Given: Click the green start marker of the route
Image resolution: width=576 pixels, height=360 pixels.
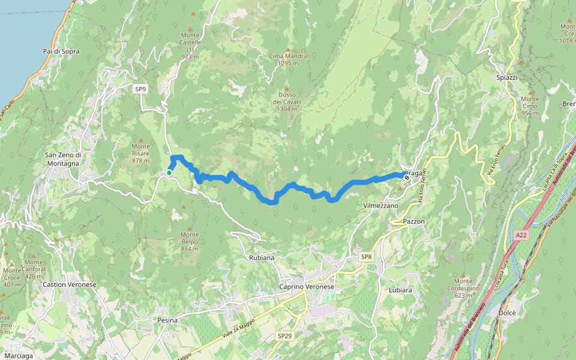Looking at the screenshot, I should coord(169,173).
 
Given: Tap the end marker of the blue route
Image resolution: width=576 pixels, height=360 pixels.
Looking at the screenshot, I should coord(407,178).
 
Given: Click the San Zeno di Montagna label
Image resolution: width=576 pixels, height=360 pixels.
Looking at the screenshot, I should coord(62,159).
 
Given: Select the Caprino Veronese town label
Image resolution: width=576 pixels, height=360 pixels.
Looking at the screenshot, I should coord(307,287).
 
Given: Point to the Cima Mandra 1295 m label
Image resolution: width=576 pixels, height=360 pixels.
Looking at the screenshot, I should coord(288,59).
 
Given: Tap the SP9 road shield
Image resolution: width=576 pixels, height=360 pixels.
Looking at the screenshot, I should coord(140,89).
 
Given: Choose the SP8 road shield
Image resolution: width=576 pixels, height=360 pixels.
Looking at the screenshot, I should coord(367,257).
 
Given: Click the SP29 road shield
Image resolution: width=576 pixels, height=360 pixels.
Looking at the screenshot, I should coord(285,337).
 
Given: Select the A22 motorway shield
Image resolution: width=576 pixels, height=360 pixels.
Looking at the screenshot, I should coord(521,236).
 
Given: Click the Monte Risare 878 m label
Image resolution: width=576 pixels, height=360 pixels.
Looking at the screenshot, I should coord(140,153).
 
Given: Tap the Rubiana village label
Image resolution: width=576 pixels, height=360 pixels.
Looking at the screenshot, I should coord(262,257).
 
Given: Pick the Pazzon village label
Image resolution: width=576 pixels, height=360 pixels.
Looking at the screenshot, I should coord(414,221).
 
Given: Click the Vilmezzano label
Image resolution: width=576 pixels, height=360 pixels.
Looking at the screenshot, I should coord(380,205).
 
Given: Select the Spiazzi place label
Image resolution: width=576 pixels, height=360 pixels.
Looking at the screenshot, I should coord(507,78).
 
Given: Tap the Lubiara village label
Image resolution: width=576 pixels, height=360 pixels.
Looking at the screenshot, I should coord(400,290).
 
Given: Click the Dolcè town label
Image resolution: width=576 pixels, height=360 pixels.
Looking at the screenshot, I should coord(508,313).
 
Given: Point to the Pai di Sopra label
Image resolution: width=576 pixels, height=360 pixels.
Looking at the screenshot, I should coord(62,52).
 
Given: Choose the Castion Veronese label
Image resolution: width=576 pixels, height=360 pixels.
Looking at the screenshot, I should coord(70,284).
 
